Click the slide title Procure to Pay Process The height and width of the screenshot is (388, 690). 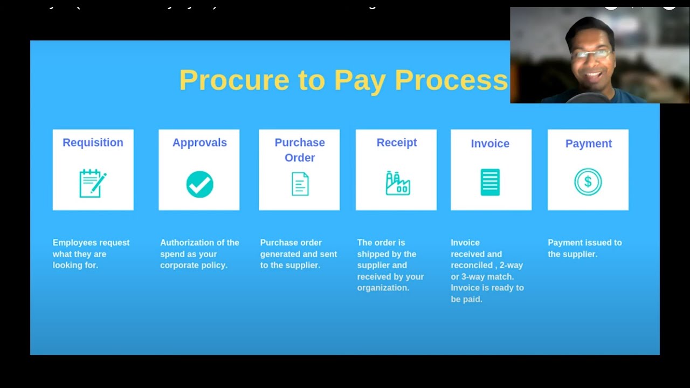point(343,80)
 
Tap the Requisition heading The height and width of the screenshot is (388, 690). point(93,142)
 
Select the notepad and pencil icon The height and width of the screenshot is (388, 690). point(93,183)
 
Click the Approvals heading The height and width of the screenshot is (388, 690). point(199,142)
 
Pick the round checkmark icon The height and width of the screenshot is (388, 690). point(199,184)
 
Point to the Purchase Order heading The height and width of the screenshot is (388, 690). point(300,150)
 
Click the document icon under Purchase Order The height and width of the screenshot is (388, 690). point(300,184)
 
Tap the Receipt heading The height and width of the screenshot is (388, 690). point(397,142)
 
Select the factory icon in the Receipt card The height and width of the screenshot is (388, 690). point(397,183)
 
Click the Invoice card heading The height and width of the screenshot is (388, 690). point(490,143)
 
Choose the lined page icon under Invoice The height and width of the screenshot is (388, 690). point(490,182)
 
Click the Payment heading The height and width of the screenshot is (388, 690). point(588,143)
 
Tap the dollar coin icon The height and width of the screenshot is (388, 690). point(588,182)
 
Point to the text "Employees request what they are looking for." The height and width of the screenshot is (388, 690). point(91,254)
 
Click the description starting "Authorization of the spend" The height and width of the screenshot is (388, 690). point(199,254)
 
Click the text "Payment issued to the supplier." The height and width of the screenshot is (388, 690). point(585,248)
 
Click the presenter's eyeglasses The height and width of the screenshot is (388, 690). point(592,54)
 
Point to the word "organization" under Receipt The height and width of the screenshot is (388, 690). point(382,288)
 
